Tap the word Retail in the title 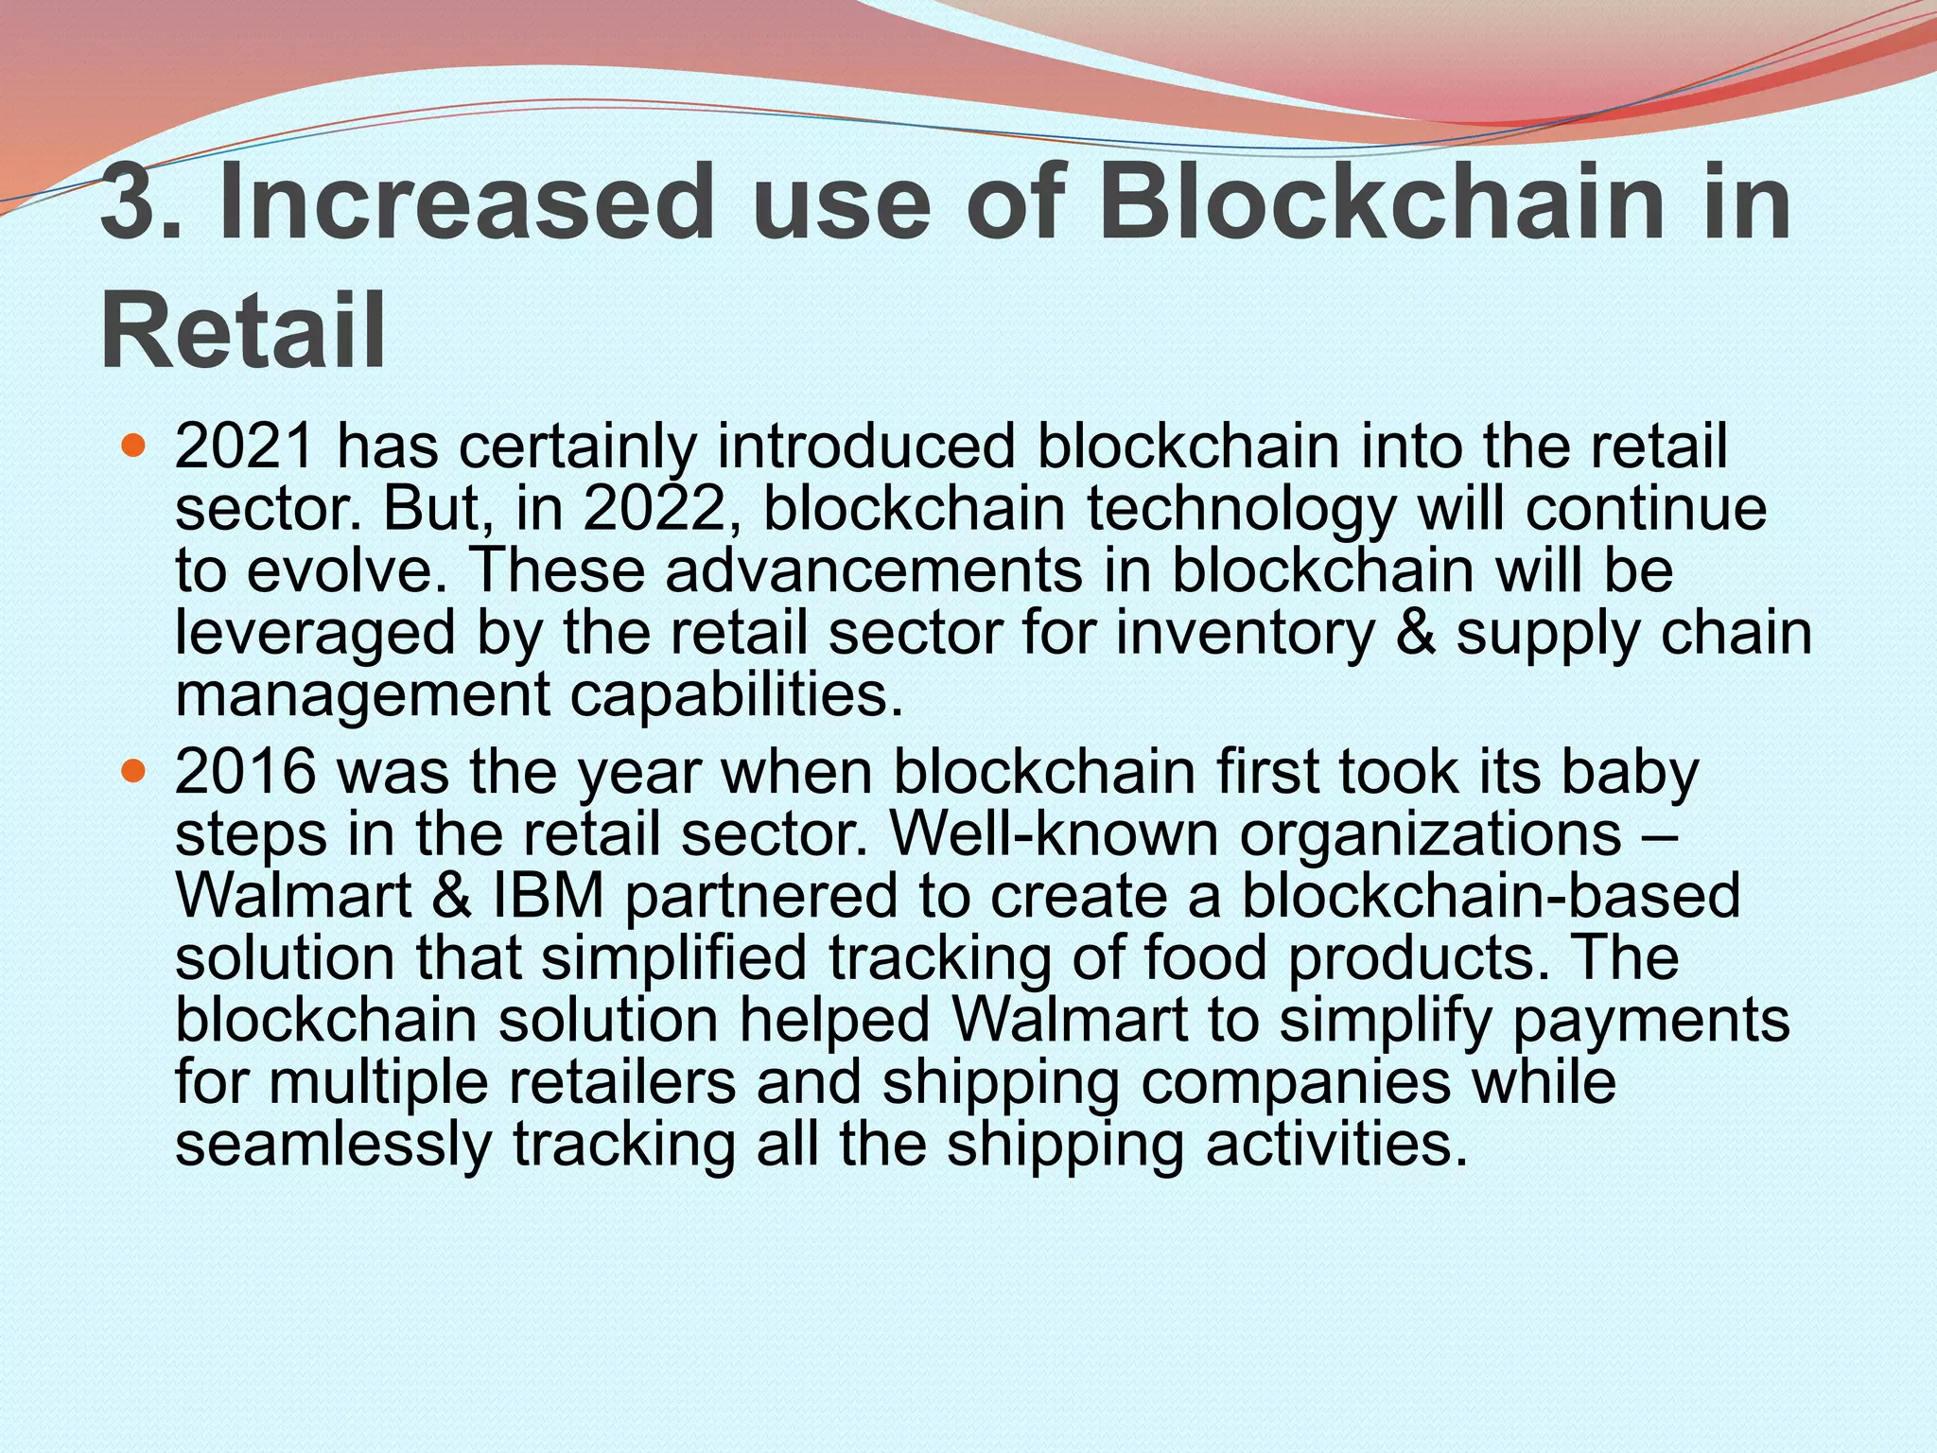[x=243, y=332]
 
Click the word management [x=362, y=695]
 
